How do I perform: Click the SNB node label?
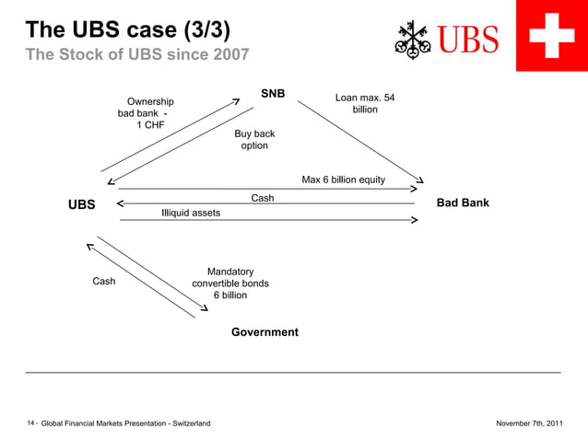273,94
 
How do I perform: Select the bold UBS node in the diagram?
81,204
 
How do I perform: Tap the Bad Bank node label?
463,203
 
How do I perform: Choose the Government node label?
265,331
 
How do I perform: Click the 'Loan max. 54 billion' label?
365,104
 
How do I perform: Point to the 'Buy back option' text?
254,140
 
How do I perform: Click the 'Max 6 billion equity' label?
344,179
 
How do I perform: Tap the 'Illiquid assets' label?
191,213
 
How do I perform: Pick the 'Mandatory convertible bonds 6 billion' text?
230,284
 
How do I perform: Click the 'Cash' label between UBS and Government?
104,282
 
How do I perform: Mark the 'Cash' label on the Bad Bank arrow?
263,198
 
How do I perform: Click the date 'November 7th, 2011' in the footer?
529,423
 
